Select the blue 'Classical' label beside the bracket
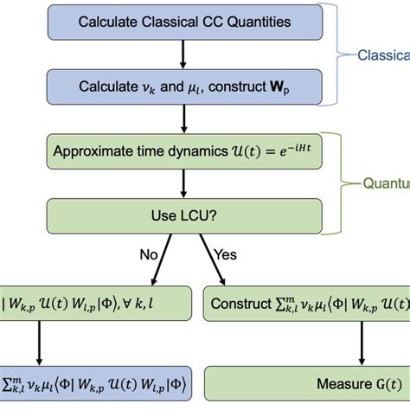pyautogui.click(x=385, y=55)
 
